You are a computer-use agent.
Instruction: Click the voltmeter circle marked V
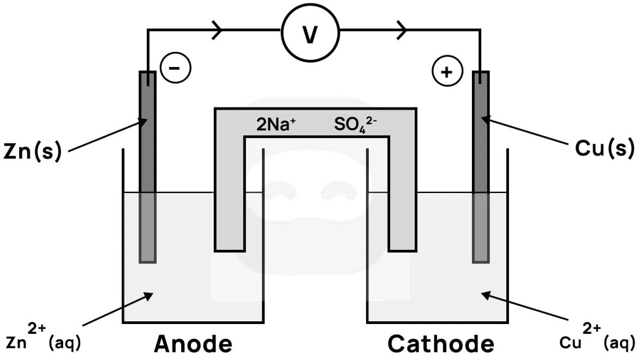coord(310,34)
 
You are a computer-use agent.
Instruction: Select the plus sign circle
coord(447,71)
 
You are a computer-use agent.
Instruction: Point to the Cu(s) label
coord(605,147)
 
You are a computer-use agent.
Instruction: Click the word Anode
coord(194,344)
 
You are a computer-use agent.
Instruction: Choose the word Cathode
coord(441,344)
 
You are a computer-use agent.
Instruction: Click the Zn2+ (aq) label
coord(44,338)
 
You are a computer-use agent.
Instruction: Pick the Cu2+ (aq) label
coord(597,338)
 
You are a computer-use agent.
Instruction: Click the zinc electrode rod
coord(147,164)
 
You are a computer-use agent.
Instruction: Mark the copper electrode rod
coord(480,164)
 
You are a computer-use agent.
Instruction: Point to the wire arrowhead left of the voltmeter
coord(217,29)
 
